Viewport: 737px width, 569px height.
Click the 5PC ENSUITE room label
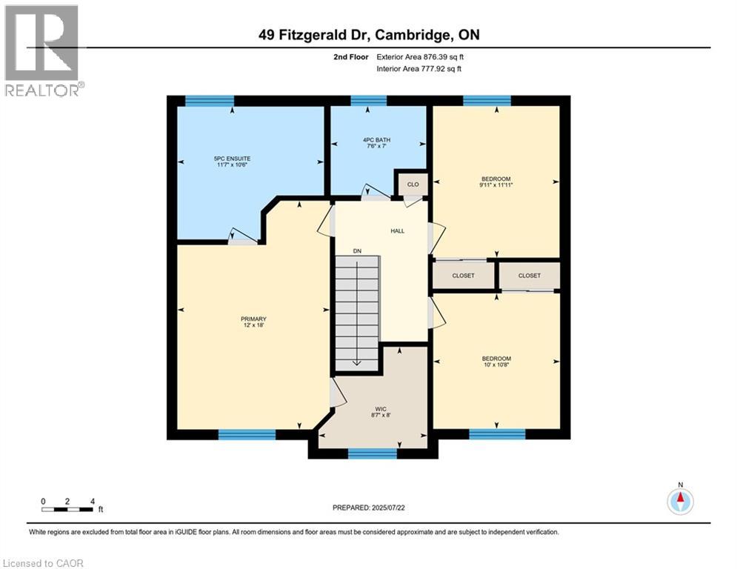(x=232, y=159)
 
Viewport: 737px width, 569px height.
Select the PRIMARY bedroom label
(x=253, y=319)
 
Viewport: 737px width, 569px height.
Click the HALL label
(x=398, y=230)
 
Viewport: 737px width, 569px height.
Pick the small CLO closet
(x=413, y=184)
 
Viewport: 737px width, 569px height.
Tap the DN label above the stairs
(x=357, y=251)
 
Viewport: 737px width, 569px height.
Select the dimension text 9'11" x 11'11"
(x=497, y=184)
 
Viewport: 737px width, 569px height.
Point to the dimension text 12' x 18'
(x=253, y=325)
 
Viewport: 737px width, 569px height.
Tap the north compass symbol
(x=680, y=501)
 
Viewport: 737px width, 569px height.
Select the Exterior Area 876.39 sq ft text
(x=420, y=56)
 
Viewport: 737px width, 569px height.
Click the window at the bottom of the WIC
(x=373, y=453)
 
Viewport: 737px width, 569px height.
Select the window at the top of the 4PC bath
(x=368, y=101)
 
